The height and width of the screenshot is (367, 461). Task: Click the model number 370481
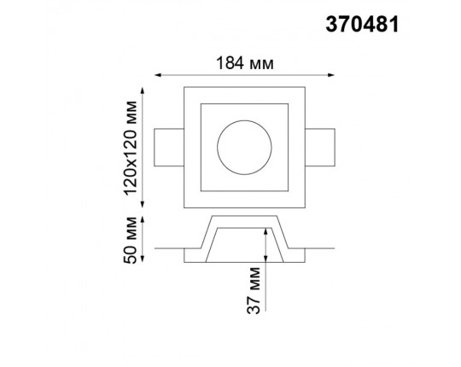(x=362, y=25)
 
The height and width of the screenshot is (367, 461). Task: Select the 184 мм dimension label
(x=245, y=63)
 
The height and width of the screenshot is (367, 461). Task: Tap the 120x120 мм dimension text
(x=131, y=148)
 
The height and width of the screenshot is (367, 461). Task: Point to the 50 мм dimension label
(x=131, y=240)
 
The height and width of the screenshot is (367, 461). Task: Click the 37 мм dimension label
(x=254, y=290)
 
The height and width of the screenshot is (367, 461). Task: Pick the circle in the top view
(x=244, y=120)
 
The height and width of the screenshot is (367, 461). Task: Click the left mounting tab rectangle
(x=169, y=147)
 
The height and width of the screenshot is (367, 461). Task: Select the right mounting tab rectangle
(x=320, y=147)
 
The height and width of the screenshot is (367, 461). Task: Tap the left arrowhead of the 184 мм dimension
(x=158, y=75)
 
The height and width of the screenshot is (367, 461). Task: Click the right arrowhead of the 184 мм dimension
(x=331, y=75)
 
